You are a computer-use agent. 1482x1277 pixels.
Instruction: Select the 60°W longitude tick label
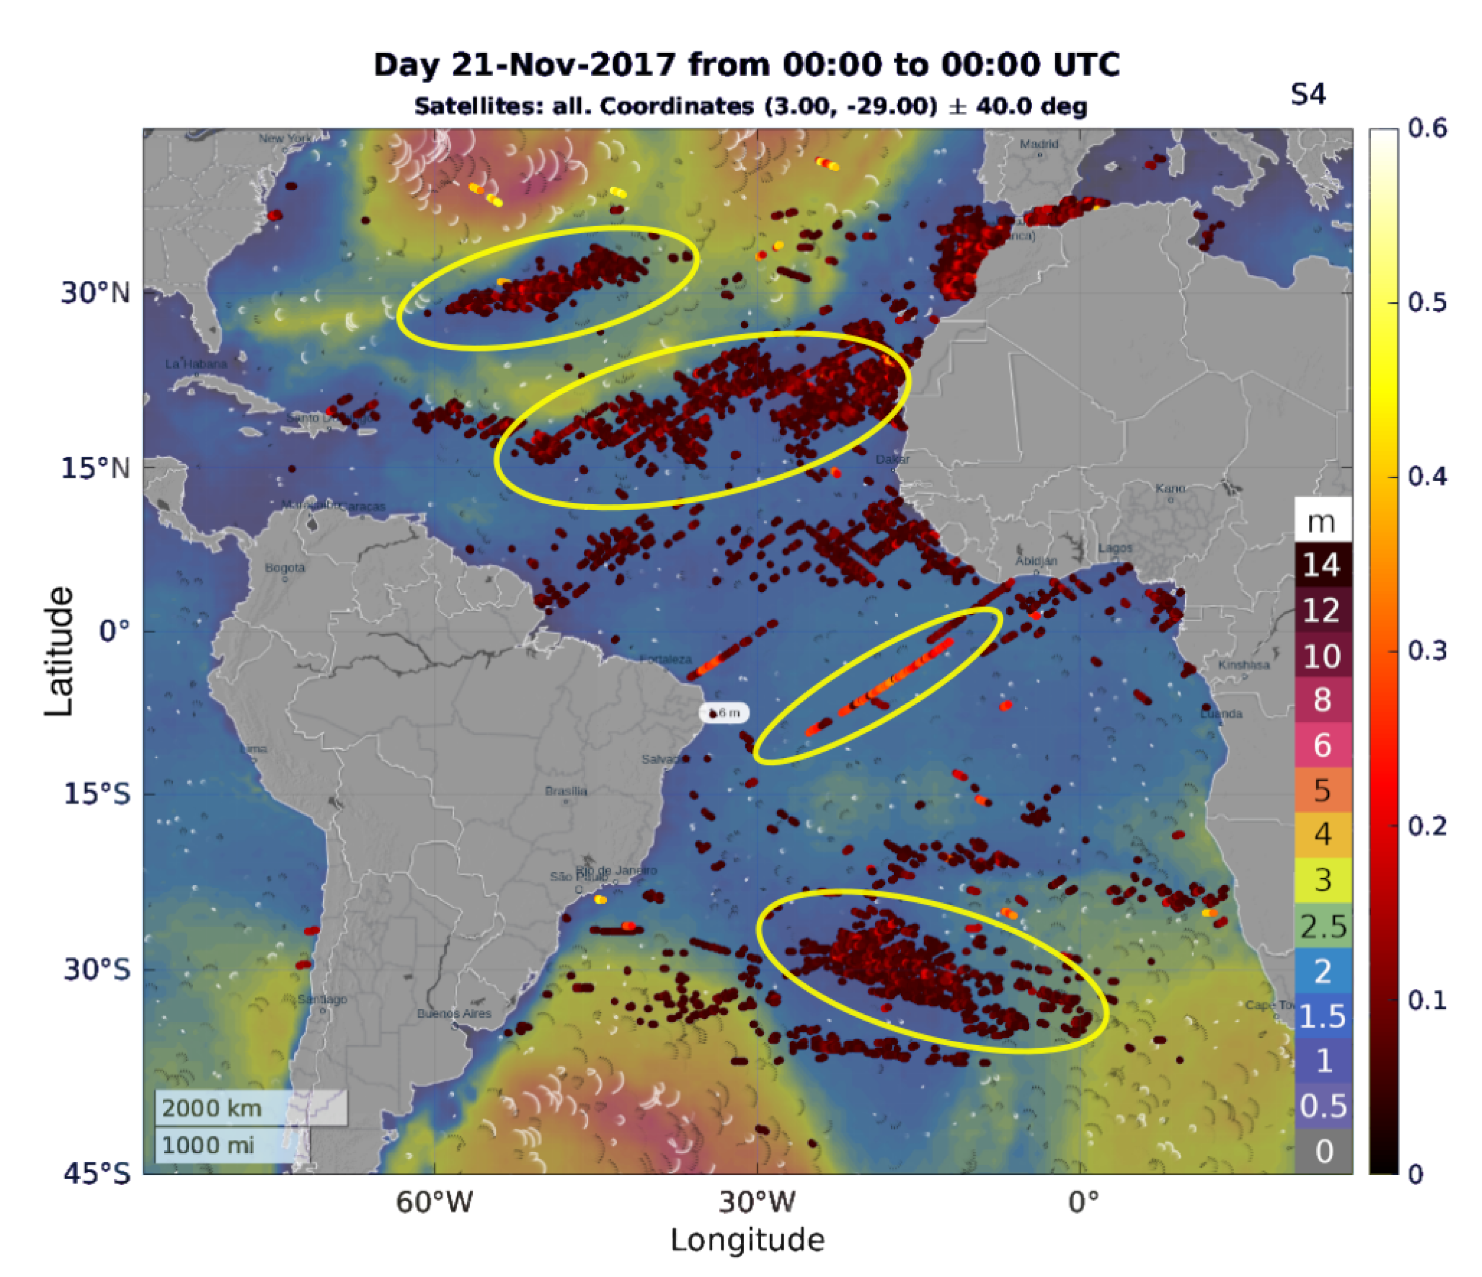pyautogui.click(x=434, y=1202)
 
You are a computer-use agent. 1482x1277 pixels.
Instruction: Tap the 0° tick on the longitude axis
pyautogui.click(x=1083, y=1202)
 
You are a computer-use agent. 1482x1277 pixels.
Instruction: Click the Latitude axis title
pyautogui.click(x=59, y=651)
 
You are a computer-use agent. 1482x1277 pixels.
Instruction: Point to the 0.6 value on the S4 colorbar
pyautogui.click(x=1427, y=129)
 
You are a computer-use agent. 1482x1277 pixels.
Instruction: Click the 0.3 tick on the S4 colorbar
pyautogui.click(x=1427, y=651)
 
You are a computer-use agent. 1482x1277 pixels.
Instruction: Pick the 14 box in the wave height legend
pyautogui.click(x=1322, y=565)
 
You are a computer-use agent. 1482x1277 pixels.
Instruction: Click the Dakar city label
pyautogui.click(x=893, y=459)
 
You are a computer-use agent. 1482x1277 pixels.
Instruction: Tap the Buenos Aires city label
pyautogui.click(x=454, y=1014)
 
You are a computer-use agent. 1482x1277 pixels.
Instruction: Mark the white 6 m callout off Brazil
pyautogui.click(x=724, y=713)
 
